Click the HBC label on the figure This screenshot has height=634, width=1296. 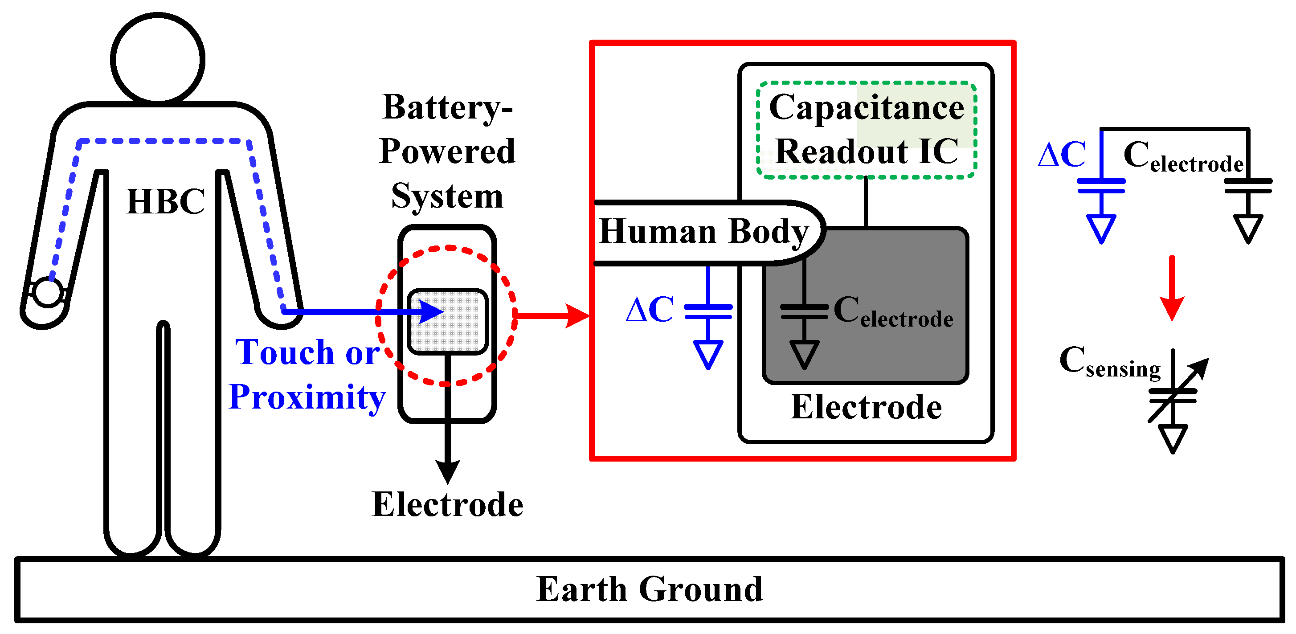[166, 202]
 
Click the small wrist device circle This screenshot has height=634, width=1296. [48, 292]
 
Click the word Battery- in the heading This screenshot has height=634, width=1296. [447, 107]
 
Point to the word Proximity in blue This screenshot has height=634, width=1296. [307, 397]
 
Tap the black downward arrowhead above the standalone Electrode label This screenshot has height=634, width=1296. [447, 471]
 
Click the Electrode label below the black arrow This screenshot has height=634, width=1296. [447, 505]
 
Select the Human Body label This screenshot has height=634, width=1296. [703, 232]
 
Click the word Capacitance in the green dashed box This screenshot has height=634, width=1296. [867, 108]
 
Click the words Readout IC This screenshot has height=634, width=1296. [867, 151]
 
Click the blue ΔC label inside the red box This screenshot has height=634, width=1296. [650, 310]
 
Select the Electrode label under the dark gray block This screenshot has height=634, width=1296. [866, 407]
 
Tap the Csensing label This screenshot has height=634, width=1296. [1110, 362]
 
